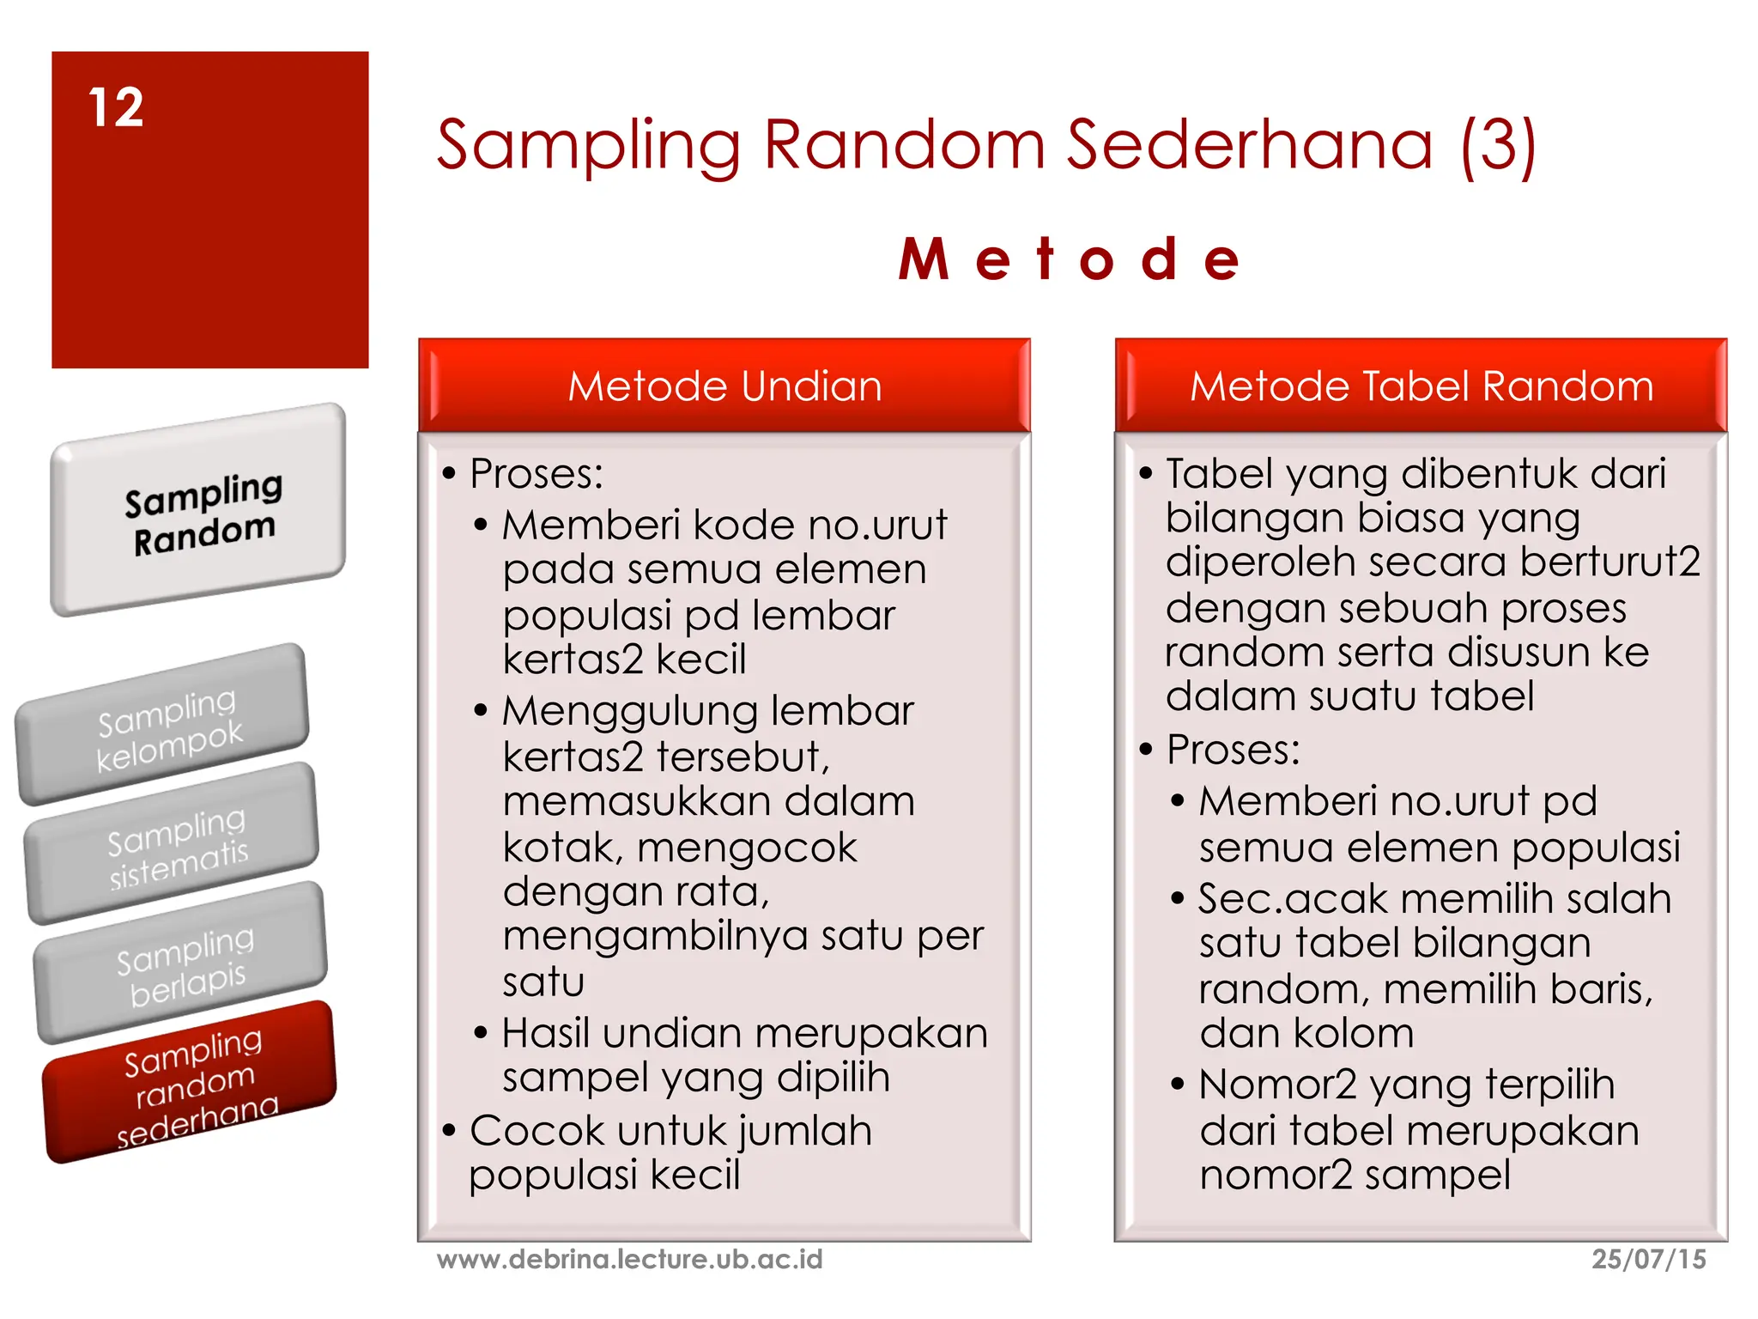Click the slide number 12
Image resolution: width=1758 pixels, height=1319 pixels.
tap(116, 108)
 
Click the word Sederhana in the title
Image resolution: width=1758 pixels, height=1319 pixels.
tap(1249, 146)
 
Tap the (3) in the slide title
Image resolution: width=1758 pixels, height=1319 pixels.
tap(1497, 146)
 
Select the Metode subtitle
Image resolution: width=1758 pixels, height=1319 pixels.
tap(1070, 258)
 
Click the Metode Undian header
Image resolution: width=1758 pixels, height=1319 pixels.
tap(724, 386)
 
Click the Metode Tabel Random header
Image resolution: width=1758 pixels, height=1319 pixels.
tap(1421, 386)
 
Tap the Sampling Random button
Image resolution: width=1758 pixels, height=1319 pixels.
tap(203, 513)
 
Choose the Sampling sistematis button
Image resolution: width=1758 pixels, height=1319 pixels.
tap(177, 847)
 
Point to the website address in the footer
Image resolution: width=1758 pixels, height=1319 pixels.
tap(629, 1260)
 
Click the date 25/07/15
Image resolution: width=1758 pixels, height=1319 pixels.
tap(1648, 1260)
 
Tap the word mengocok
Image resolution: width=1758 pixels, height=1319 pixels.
tap(747, 848)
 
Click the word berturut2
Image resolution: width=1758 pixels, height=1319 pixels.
tap(1609, 562)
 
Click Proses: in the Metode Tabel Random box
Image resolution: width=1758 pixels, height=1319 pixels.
tap(1233, 750)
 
